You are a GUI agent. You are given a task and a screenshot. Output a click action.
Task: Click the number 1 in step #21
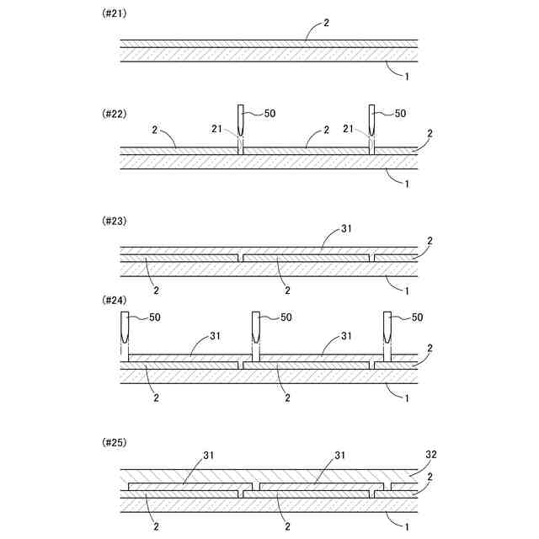408,77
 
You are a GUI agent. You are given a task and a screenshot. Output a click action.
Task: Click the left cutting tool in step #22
241,120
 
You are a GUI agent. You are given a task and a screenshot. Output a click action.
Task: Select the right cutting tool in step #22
373,120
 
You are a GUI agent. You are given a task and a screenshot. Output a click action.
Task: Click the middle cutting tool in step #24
256,331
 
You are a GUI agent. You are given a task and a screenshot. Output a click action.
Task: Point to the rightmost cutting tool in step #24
388,331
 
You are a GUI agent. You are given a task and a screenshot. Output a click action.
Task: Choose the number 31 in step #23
347,227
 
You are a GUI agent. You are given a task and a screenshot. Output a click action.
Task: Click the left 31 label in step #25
210,456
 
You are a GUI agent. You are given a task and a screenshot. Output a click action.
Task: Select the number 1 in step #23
408,291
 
